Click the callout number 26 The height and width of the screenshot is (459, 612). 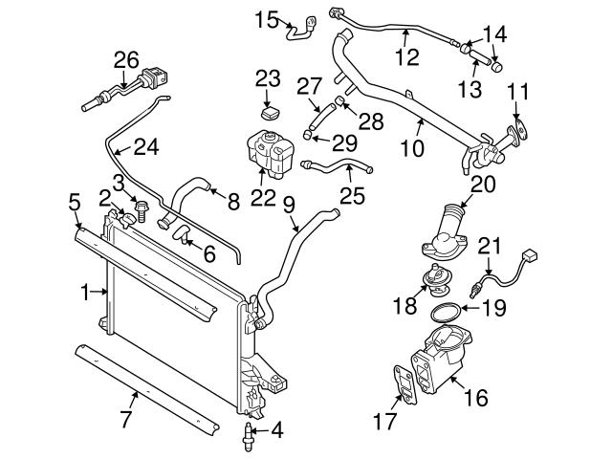click(126, 59)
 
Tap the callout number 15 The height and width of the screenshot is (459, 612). click(268, 18)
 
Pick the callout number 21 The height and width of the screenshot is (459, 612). click(490, 246)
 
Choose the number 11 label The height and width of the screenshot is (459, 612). click(517, 94)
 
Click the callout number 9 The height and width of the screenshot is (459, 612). click(288, 204)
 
